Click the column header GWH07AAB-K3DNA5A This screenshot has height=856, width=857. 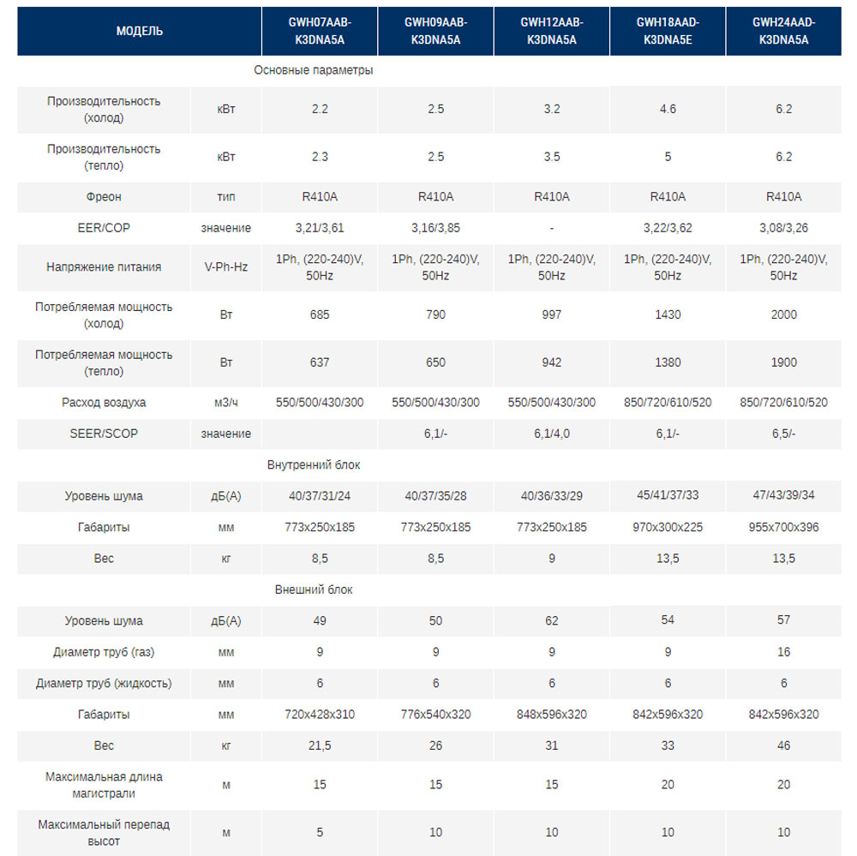pos(320,31)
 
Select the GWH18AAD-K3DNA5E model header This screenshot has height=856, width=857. pos(668,31)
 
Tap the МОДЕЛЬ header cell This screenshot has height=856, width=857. pos(140,31)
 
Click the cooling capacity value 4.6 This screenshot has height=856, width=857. pos(668,109)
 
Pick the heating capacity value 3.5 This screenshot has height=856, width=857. pos(552,157)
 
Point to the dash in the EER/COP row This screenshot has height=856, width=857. pos(552,228)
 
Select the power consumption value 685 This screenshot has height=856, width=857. pos(320,314)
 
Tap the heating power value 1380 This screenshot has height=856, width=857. pos(668,362)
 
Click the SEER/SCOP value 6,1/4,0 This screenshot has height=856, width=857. pos(552,434)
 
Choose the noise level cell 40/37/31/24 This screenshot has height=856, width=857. pos(320,496)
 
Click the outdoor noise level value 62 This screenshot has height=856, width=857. pos(552,621)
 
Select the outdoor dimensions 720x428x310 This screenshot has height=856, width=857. pos(320,714)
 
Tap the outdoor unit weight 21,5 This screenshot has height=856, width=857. pos(320,745)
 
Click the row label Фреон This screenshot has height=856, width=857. pos(104,197)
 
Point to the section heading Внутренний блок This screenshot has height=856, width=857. pos(313,465)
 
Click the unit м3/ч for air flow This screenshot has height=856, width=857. pos(226,403)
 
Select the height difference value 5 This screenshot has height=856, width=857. pos(320,833)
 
